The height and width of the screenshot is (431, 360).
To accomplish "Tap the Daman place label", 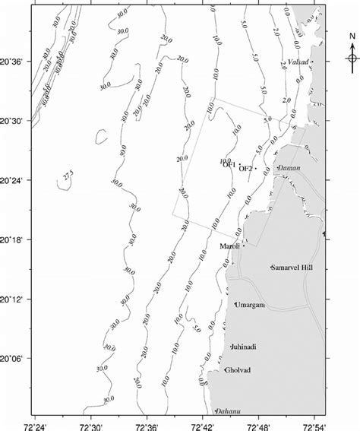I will (289, 167).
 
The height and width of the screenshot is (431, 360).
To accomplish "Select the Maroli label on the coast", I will (229, 246).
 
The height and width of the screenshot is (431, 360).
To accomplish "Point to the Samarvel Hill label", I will (292, 268).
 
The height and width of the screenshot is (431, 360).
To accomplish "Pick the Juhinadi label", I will (243, 347).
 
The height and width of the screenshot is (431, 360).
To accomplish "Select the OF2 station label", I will (246, 169).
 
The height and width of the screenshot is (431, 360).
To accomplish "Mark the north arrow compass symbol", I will (352, 59).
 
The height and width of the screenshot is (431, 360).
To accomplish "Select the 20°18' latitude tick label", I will (14, 240).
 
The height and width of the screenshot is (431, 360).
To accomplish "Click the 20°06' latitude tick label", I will (14, 358).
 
